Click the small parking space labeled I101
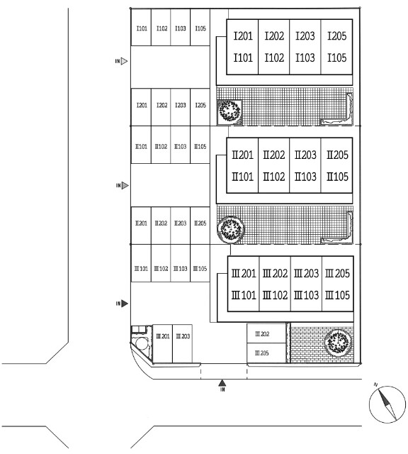(x=141, y=27)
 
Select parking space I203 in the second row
(x=181, y=107)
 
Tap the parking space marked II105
(x=200, y=145)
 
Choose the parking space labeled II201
(x=141, y=226)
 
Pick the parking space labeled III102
(x=161, y=263)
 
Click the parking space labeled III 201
(x=162, y=343)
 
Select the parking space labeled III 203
(x=183, y=343)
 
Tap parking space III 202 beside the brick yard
(x=266, y=333)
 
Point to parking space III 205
(x=266, y=353)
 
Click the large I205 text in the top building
(x=337, y=36)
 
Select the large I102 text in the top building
(x=274, y=57)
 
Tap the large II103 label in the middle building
(x=305, y=177)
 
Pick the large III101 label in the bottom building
(x=244, y=295)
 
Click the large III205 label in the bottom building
(x=337, y=273)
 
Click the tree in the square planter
(x=229, y=111)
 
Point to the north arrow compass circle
(x=387, y=404)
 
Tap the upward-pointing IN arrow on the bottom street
(x=222, y=383)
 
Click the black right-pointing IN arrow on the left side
(x=125, y=304)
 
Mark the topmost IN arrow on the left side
(x=124, y=61)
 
